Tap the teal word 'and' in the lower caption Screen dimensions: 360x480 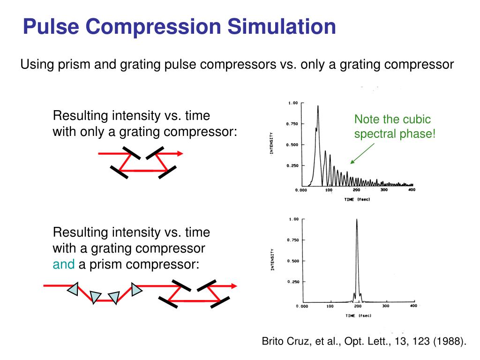tap(63, 264)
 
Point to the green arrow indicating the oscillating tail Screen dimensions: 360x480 tap(362, 153)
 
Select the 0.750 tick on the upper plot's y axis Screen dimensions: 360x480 tap(292, 124)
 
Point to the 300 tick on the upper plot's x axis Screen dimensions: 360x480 tap(384, 190)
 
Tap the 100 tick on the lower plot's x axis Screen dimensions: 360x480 tap(330, 307)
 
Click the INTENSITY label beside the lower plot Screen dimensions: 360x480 tap(273, 259)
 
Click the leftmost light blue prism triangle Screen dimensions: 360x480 tap(73, 290)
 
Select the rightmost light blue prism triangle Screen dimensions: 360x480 tap(136, 289)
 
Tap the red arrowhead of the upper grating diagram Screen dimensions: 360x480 tap(179, 153)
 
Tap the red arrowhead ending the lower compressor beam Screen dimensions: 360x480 tap(233, 285)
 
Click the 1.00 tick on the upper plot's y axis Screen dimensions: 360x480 tap(292, 103)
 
